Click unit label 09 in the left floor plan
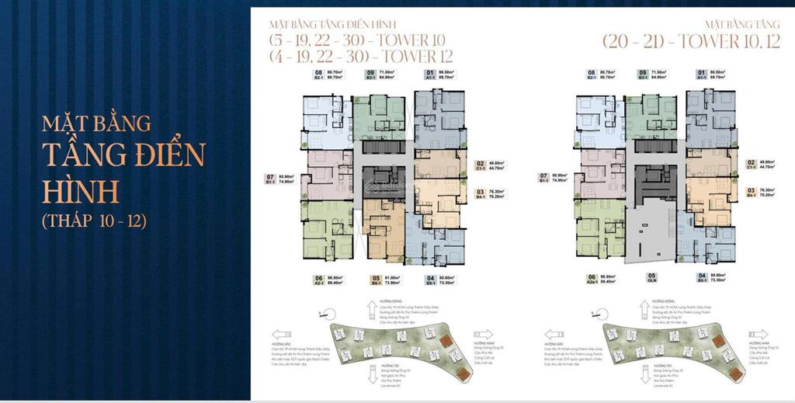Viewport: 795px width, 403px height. (372, 75)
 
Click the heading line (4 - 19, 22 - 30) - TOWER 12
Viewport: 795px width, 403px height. (360, 56)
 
